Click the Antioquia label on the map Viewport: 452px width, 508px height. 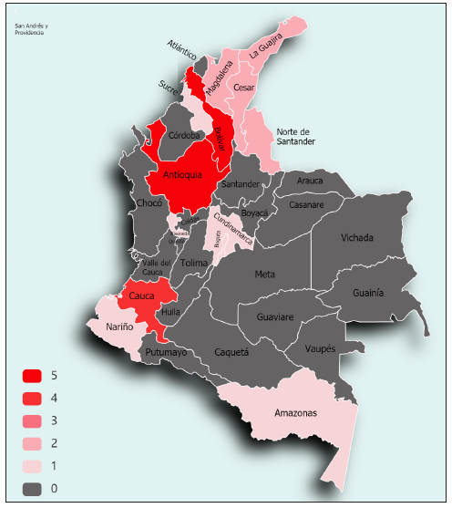click(x=183, y=175)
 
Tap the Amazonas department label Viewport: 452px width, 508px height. click(x=295, y=413)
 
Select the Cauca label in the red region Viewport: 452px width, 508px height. click(x=141, y=296)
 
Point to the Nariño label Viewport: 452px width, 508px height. click(x=119, y=327)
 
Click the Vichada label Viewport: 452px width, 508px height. click(x=356, y=238)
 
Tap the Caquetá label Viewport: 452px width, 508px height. click(x=231, y=351)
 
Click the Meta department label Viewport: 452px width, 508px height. click(x=264, y=274)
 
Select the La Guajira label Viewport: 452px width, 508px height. click(x=266, y=45)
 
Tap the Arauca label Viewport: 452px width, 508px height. click(x=310, y=181)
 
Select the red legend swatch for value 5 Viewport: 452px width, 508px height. click(x=33, y=376)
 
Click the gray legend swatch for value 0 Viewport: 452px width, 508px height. click(x=33, y=489)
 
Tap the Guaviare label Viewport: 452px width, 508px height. click(x=275, y=317)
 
